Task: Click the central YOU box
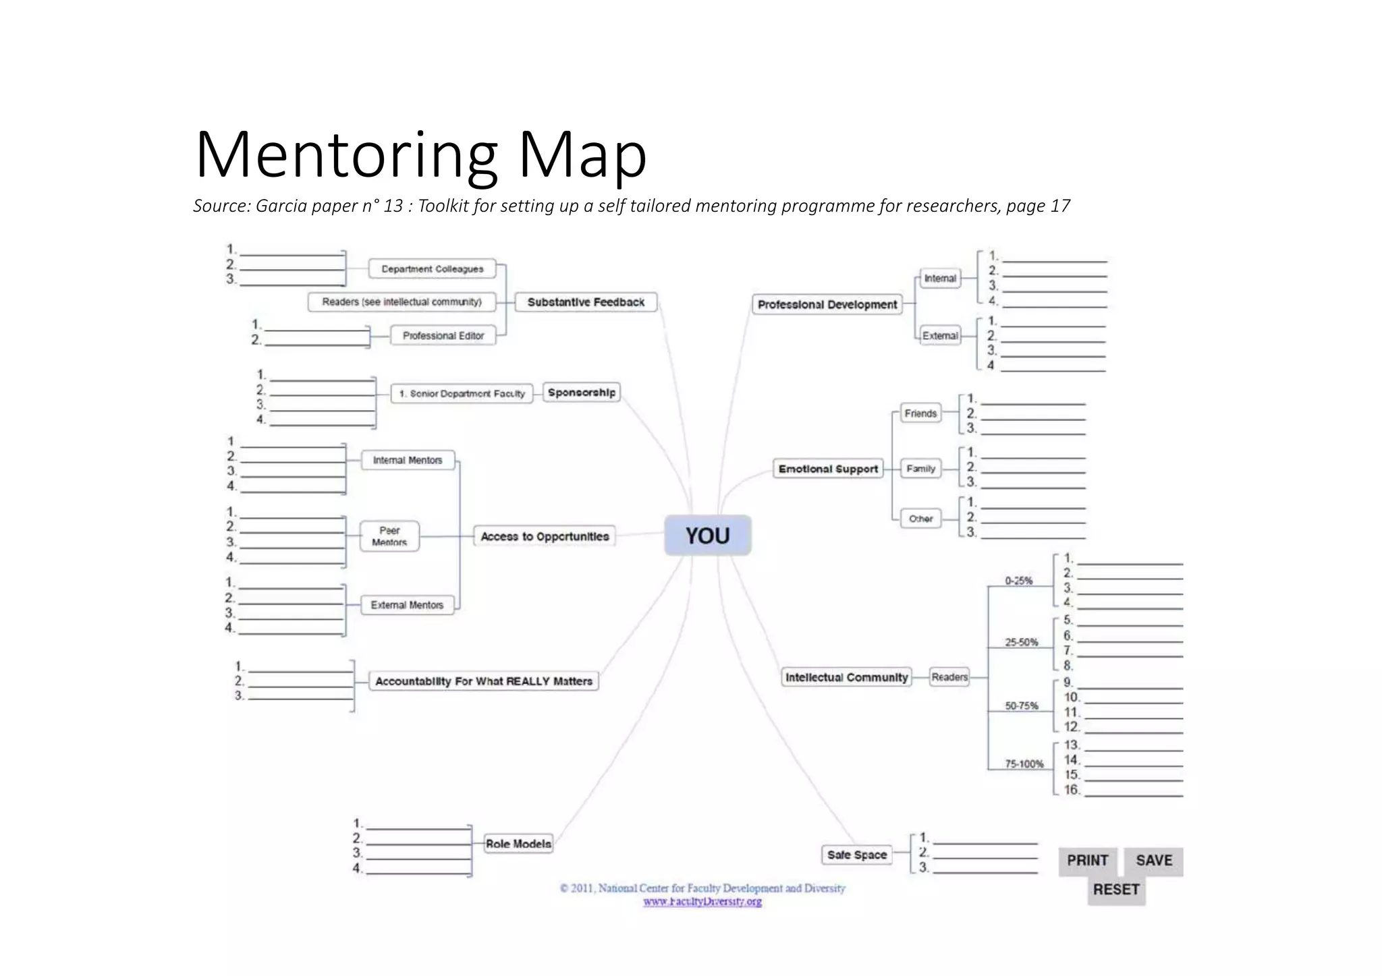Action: (707, 536)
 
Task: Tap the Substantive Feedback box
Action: (586, 302)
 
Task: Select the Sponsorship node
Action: (581, 393)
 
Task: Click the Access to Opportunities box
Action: (545, 536)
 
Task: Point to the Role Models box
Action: (518, 844)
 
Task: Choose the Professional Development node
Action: (827, 305)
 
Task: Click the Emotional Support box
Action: (828, 469)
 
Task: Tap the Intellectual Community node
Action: (846, 677)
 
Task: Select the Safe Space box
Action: (857, 855)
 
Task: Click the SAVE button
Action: (1154, 861)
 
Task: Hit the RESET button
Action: (1116, 890)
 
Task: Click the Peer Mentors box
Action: (389, 536)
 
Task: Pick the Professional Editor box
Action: (443, 336)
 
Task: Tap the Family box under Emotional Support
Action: (921, 468)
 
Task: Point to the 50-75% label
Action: (1022, 706)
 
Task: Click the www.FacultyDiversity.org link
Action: (702, 902)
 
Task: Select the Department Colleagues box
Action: (433, 269)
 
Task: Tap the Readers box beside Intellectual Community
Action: (949, 677)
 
